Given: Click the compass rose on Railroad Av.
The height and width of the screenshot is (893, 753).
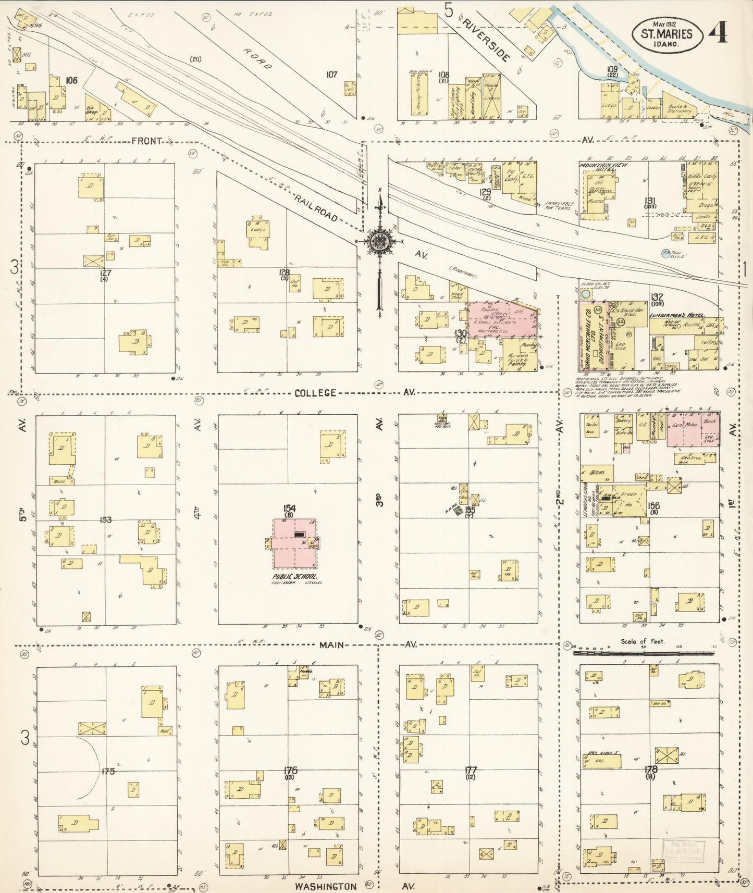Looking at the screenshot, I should (380, 242).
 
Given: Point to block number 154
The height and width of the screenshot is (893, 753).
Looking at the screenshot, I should (289, 508).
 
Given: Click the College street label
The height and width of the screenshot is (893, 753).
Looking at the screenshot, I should (315, 393).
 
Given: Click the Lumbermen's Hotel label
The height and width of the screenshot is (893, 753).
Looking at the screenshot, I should (676, 316).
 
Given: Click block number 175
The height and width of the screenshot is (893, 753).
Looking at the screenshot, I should (108, 771).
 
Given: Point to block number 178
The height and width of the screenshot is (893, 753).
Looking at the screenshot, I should (650, 769).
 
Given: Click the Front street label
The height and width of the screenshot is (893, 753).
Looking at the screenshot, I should (146, 141).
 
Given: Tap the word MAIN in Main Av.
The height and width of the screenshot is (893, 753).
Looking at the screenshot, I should (331, 645).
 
